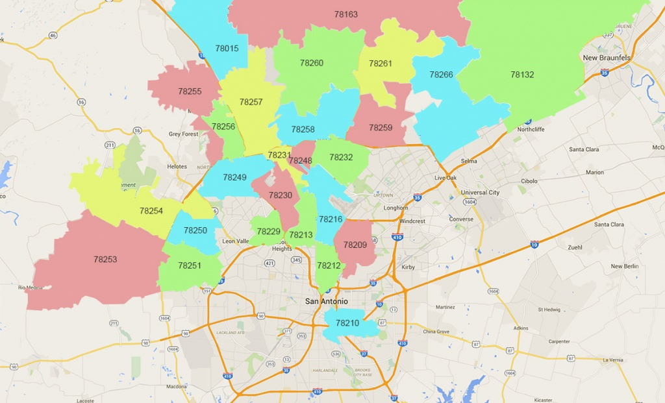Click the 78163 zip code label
(x=345, y=14)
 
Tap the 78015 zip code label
(x=227, y=49)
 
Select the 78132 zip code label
(x=522, y=75)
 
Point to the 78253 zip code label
(x=105, y=260)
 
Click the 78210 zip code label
(x=347, y=323)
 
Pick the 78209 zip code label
(x=355, y=245)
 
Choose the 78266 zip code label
(x=441, y=75)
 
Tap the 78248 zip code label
(x=301, y=161)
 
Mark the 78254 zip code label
(x=151, y=211)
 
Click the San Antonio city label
(x=327, y=302)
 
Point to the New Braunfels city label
(x=607, y=58)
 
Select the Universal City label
(x=480, y=193)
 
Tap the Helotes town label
(x=177, y=167)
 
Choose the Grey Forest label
(x=183, y=134)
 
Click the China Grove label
(x=436, y=332)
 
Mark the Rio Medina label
(x=31, y=287)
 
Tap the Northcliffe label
(x=531, y=129)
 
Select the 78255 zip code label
(x=190, y=92)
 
